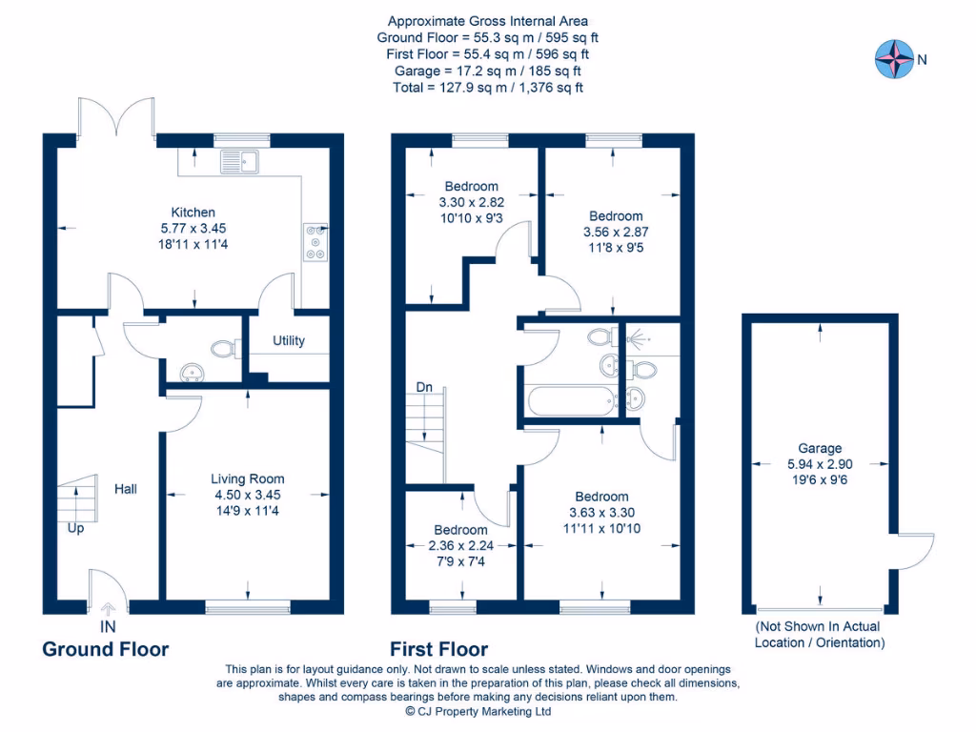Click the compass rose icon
(894, 59)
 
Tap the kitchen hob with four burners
(314, 241)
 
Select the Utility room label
(289, 340)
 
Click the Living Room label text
(248, 479)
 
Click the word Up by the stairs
(75, 527)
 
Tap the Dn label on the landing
(425, 388)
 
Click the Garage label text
(820, 448)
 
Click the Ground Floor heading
(105, 649)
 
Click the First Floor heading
(439, 649)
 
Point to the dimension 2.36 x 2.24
(460, 546)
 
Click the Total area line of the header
(487, 87)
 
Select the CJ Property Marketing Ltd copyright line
(478, 711)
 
